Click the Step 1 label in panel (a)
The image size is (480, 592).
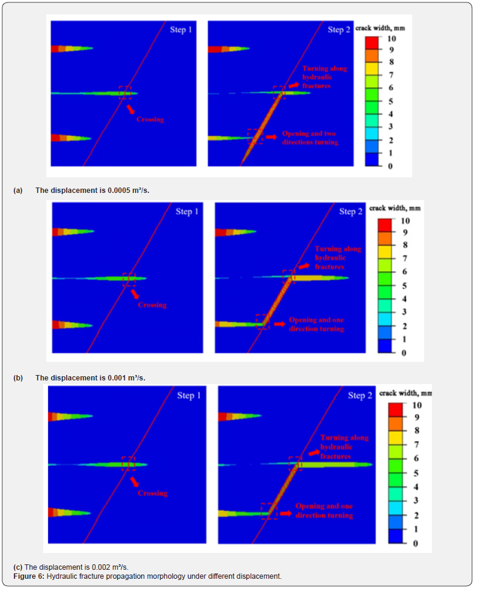click(180, 29)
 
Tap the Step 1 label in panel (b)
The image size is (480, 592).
click(184, 212)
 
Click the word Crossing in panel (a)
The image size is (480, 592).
click(150, 119)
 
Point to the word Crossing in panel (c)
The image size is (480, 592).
click(153, 493)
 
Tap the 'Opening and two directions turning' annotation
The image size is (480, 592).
click(311, 138)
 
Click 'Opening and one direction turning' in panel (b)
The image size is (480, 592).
click(316, 325)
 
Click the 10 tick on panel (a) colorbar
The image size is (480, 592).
click(391, 38)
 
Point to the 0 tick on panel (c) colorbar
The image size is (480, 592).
click(415, 543)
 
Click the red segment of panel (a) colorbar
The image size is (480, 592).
click(372, 41)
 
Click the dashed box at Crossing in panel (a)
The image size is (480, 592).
click(125, 92)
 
